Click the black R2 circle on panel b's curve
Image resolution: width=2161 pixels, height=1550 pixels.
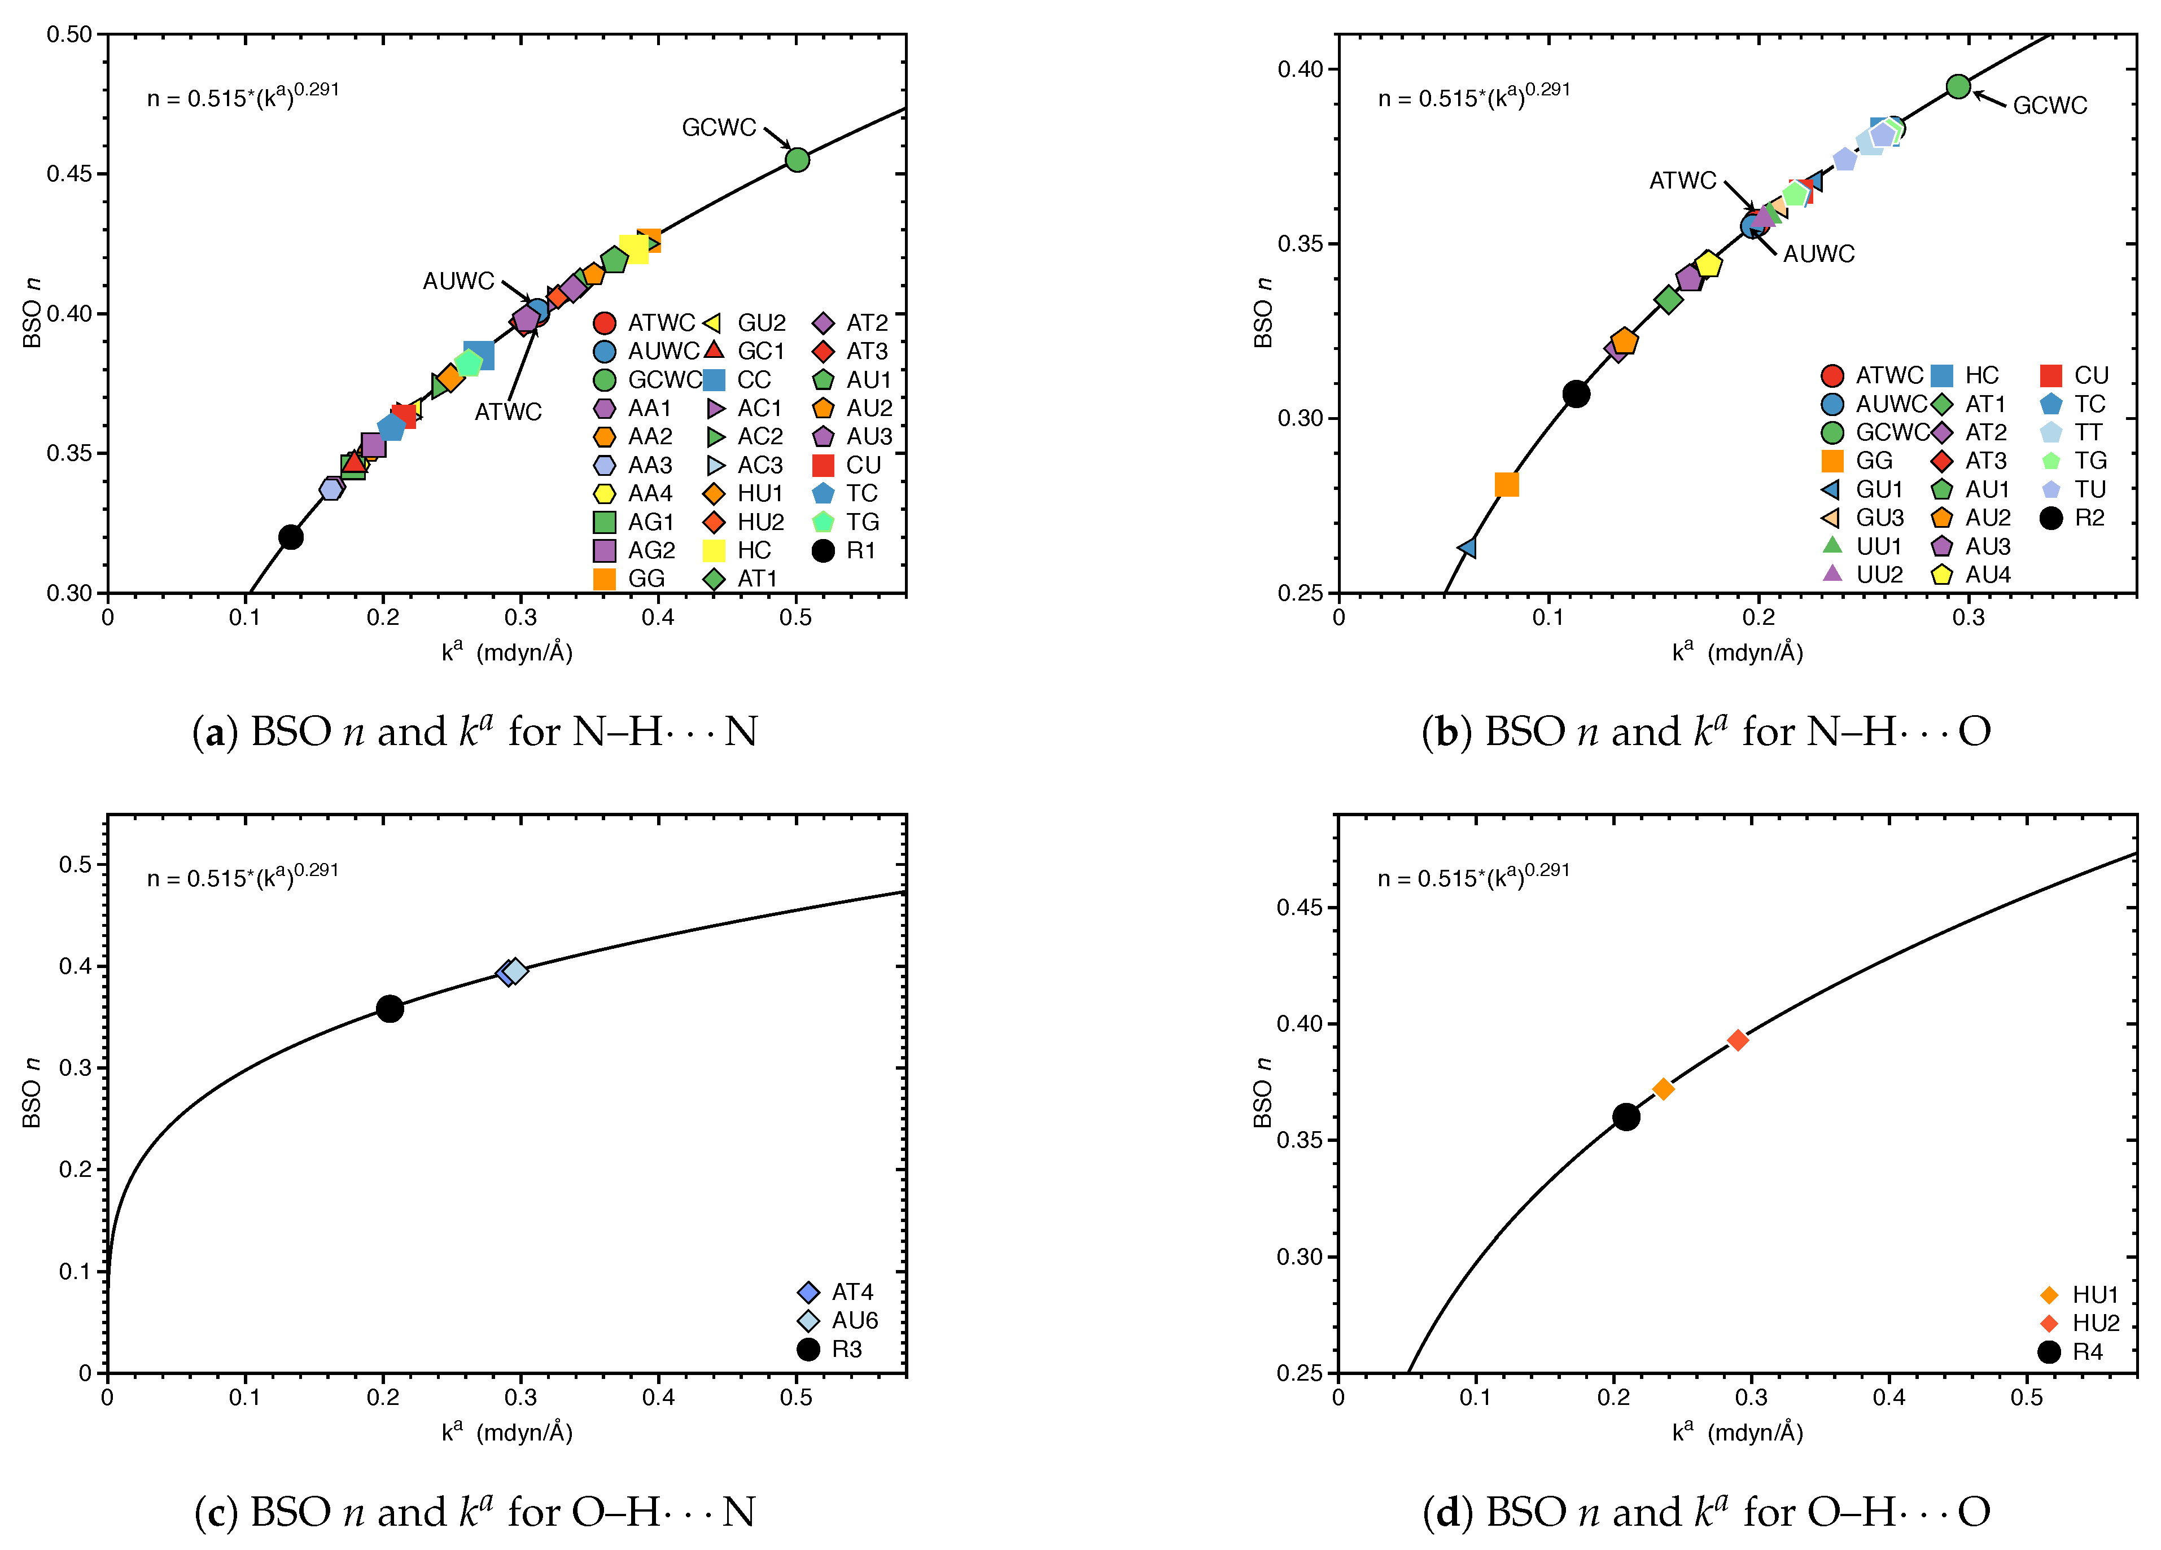[1576, 393]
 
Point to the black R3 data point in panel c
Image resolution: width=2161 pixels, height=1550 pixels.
[389, 1008]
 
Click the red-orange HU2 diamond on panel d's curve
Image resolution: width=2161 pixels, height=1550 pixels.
[1737, 1039]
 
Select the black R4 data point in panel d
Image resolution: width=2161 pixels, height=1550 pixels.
[1625, 1116]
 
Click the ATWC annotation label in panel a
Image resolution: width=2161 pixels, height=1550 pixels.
[508, 411]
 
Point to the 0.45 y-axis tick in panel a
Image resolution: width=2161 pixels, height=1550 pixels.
[69, 173]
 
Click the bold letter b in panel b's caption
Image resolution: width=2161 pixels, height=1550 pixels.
[1446, 732]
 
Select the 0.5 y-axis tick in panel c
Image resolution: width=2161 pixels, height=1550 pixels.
[75, 864]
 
